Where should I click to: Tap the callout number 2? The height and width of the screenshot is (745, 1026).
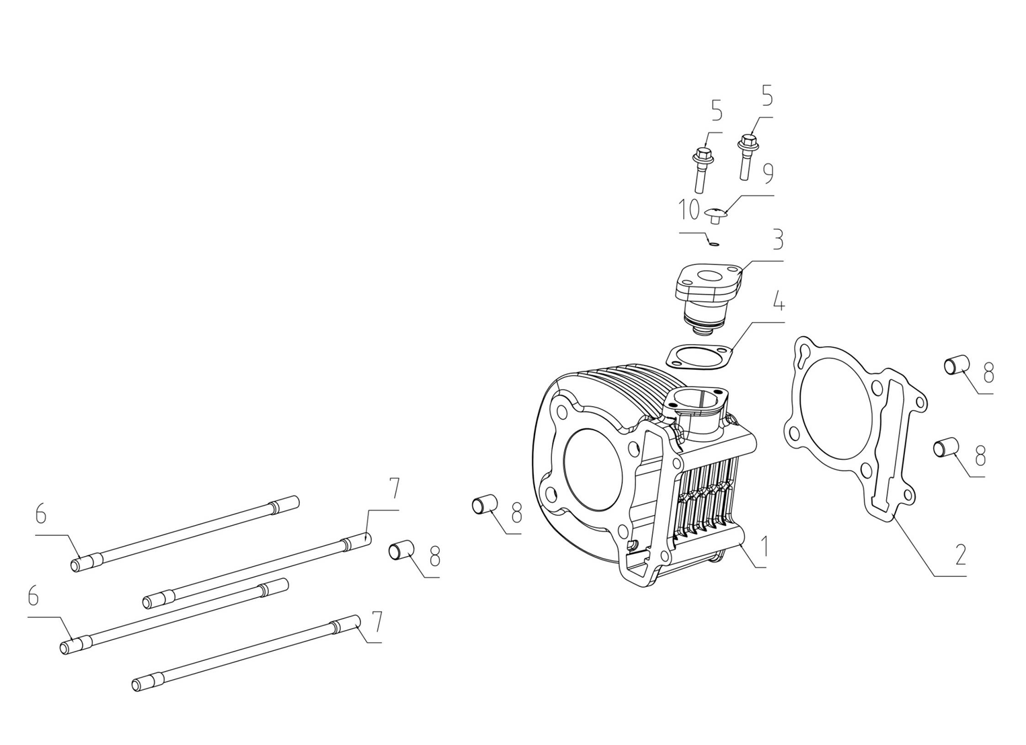959,555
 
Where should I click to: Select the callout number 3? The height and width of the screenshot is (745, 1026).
777,239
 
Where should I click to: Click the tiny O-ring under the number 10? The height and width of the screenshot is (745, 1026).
713,243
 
